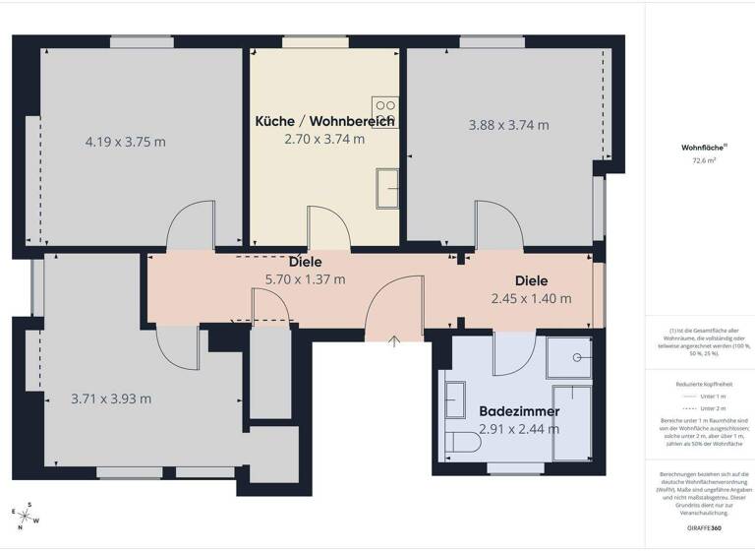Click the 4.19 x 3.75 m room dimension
click(125, 141)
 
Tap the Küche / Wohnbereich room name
click(324, 121)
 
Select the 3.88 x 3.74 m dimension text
click(508, 125)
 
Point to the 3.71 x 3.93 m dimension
click(111, 398)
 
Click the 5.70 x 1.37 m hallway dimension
click(305, 278)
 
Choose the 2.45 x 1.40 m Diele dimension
click(531, 298)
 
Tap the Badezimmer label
click(519, 410)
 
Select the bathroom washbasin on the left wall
click(455, 400)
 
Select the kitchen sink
click(386, 187)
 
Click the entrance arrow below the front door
click(394, 341)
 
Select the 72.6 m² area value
click(704, 159)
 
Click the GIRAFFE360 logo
click(704, 529)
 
